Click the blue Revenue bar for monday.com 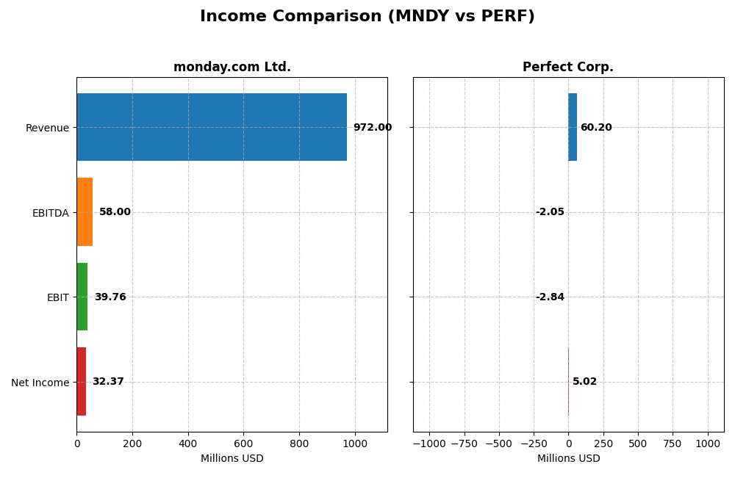point(212,127)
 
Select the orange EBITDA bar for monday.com point(85,212)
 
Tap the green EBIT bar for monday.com point(82,297)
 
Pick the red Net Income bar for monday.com point(81,382)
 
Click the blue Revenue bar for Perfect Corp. point(573,127)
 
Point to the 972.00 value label point(372,128)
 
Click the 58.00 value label point(115,212)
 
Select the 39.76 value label point(110,297)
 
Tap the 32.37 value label point(108,382)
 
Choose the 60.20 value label point(596,128)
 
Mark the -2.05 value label point(550,212)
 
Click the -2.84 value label point(550,297)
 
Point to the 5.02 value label point(584,382)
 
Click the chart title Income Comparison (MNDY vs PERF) point(367,16)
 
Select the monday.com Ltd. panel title point(232,68)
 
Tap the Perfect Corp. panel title point(568,68)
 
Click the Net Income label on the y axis point(40,383)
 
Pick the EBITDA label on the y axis point(50,213)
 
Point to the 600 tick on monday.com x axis point(244,443)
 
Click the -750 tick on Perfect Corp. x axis point(464,443)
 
